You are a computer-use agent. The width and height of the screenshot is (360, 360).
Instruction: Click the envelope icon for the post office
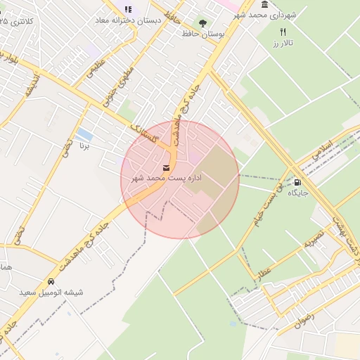pos(166,168)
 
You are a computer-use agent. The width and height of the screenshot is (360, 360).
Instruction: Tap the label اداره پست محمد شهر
pos(167,179)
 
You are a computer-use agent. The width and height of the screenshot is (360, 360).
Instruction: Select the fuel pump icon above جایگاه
pos(297,183)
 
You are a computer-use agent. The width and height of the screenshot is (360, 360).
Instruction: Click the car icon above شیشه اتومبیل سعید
pos(50,281)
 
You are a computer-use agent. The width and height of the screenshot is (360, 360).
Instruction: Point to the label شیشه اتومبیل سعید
pos(50,292)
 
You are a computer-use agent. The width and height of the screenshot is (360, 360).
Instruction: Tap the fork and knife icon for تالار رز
pos(283,32)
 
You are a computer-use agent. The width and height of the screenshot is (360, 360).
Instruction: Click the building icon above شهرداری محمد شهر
pos(264,5)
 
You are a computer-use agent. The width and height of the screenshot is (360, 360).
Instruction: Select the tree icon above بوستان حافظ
pos(204,23)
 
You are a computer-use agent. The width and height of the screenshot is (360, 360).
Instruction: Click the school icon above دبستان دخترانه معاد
pos(128,9)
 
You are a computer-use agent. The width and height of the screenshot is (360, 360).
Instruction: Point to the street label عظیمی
pos(94,70)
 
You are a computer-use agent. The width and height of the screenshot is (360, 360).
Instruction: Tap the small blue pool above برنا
pos(84,134)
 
